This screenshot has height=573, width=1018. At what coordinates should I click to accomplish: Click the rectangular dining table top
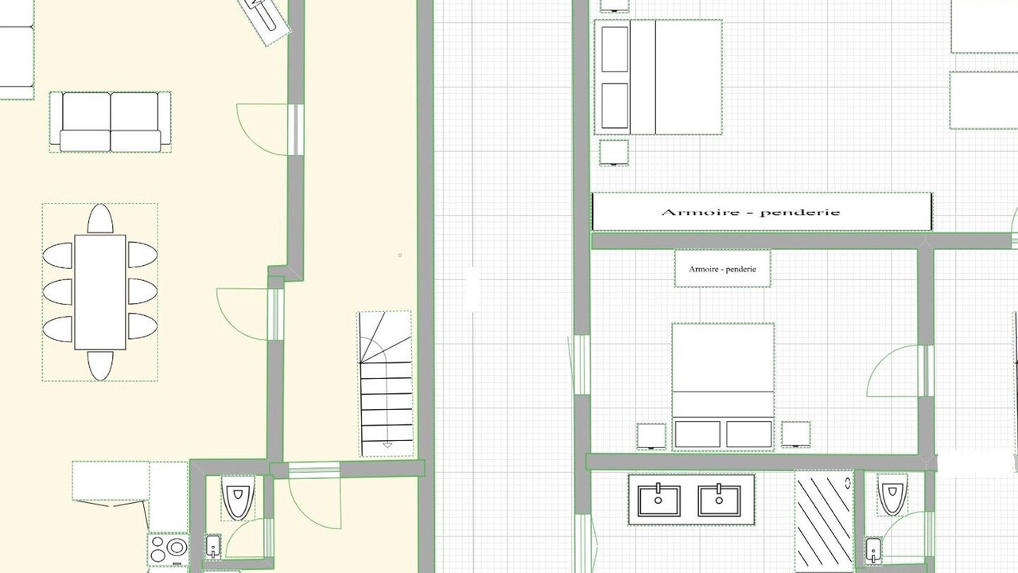100,292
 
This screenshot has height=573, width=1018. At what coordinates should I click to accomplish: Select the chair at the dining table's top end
100,219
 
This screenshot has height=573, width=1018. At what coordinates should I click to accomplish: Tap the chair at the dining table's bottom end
100,365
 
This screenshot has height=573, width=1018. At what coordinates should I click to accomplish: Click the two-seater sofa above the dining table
111,122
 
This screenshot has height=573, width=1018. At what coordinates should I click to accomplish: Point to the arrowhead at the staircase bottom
387,445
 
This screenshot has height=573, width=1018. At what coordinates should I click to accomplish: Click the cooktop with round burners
168,549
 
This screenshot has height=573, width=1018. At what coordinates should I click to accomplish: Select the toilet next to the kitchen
238,497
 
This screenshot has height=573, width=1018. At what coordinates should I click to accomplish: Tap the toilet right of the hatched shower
892,495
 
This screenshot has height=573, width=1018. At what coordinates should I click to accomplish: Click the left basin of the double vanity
659,501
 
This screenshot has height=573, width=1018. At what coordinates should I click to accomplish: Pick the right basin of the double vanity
719,501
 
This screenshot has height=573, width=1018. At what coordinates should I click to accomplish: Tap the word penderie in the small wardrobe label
740,269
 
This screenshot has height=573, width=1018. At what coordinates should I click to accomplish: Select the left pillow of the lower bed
697,434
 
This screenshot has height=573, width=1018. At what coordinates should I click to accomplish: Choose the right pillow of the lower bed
749,434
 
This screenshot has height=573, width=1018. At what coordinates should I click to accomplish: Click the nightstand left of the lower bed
651,436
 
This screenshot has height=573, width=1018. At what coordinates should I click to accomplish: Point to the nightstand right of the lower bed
796,435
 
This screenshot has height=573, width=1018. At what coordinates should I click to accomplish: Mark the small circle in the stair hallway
400,255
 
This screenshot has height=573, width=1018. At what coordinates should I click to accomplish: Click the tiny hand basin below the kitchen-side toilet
213,547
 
